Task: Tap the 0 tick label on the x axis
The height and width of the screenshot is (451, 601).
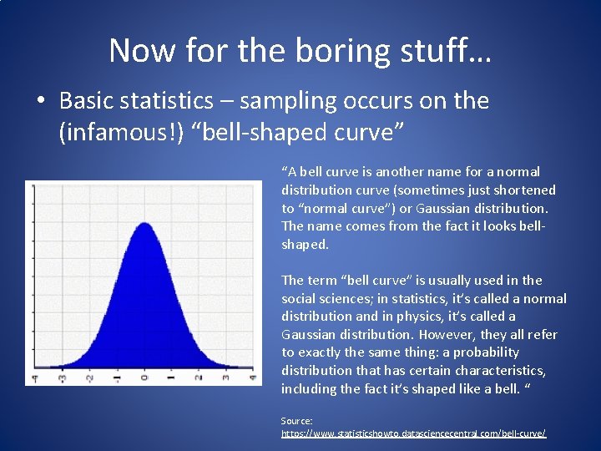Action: point(144,378)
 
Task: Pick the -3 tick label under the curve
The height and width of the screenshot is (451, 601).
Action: point(62,378)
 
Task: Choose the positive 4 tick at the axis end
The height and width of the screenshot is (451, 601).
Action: point(251,378)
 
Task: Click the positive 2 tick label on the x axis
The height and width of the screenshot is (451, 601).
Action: point(198,378)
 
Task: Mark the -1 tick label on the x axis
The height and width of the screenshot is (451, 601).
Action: point(116,378)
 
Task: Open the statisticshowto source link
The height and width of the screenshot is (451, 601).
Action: point(413,433)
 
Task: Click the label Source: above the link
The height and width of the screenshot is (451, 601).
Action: point(296,421)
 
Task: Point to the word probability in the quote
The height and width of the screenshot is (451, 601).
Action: point(486,352)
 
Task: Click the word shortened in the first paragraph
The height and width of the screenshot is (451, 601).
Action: point(527,190)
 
